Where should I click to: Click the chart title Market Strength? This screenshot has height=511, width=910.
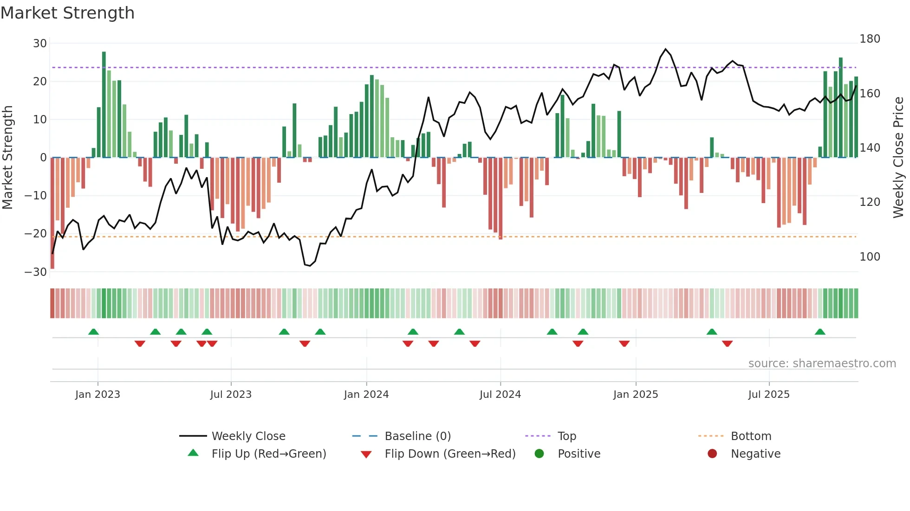(67, 13)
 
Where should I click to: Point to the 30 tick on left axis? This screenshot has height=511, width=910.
(40, 44)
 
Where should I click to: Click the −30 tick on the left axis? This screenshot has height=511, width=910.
(36, 272)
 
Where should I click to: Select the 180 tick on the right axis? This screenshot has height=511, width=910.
(870, 39)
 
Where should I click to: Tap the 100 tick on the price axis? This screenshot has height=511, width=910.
(870, 257)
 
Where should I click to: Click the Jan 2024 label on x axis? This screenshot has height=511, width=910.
(366, 395)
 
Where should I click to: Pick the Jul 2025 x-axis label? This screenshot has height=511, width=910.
(769, 395)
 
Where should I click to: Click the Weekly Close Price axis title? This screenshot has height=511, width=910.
(898, 158)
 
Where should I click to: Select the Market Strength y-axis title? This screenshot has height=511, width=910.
(8, 158)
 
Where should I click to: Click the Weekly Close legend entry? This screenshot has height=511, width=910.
(248, 436)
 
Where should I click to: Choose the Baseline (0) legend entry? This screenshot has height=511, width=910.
(417, 436)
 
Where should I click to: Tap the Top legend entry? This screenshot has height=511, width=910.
(566, 436)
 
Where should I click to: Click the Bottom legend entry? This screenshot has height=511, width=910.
(751, 436)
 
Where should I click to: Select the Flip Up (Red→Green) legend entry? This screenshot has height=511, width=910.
(268, 454)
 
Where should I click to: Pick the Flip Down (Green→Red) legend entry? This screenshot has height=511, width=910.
(450, 454)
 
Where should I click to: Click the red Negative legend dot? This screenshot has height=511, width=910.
(712, 454)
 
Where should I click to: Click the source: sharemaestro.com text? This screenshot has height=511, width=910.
(822, 364)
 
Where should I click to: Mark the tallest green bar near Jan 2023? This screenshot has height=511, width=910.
(104, 104)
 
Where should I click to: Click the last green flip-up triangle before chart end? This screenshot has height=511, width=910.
(820, 332)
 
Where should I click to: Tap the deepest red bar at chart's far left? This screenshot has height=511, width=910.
(52, 213)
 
